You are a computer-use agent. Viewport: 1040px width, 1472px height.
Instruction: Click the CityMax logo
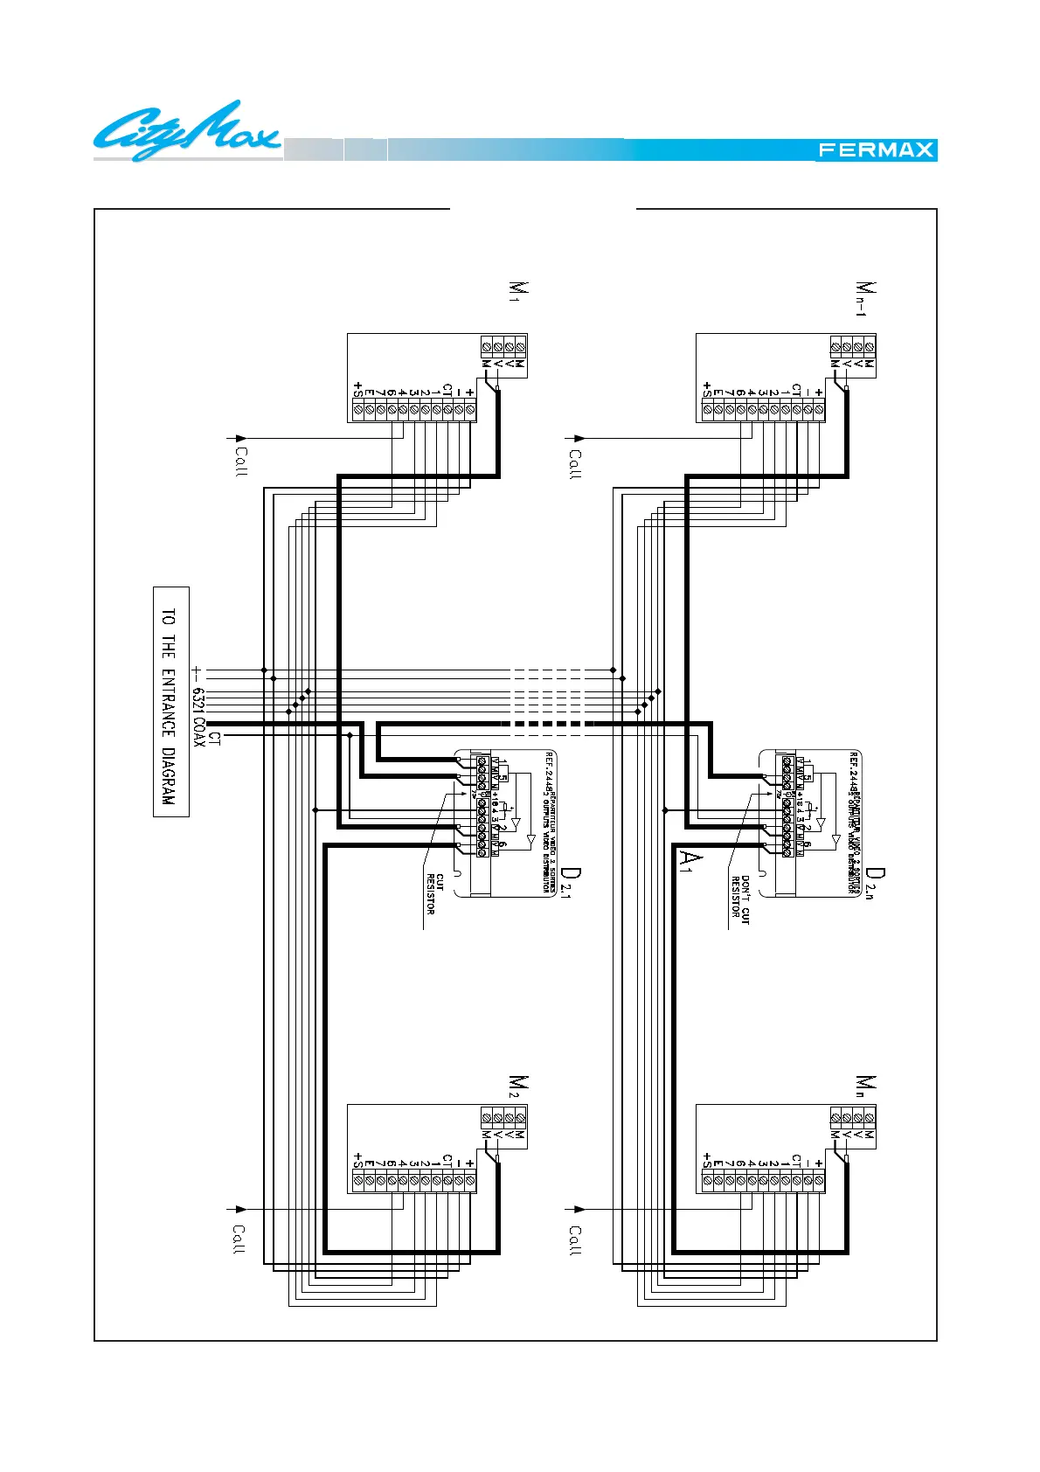[x=187, y=131]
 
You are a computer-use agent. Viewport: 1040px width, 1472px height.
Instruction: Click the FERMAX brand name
[x=876, y=150]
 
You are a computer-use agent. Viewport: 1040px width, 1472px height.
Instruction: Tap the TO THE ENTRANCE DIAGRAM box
[x=170, y=701]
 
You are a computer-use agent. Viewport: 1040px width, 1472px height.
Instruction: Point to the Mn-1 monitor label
[x=864, y=299]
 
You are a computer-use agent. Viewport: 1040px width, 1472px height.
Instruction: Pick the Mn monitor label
[x=864, y=1087]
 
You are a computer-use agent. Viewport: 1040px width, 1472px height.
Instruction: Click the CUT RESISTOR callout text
[x=435, y=893]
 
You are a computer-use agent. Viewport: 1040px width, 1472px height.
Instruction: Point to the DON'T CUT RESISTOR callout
[x=740, y=900]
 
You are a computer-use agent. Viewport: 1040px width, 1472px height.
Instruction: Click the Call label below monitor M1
[x=241, y=462]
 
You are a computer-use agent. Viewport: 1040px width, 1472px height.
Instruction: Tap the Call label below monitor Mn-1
[x=575, y=463]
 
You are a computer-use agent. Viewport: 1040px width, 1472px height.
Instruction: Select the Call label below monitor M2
[x=239, y=1239]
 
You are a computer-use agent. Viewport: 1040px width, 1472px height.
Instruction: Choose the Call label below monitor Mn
[x=575, y=1240]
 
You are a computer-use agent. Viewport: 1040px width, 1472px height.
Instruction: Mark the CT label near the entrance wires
[x=215, y=739]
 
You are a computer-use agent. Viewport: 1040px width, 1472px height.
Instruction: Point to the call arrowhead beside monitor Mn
[x=579, y=1209]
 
